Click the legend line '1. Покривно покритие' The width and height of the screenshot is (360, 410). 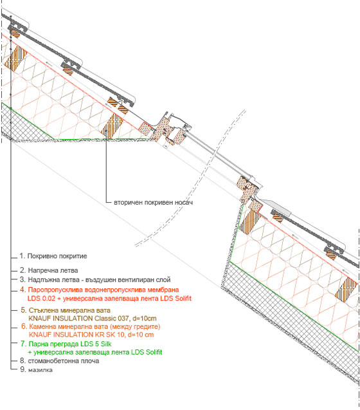pyautogui.click(x=53, y=256)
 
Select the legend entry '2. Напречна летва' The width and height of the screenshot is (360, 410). pyautogui.click(x=49, y=270)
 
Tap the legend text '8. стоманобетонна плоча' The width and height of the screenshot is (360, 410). pyautogui.click(x=60, y=361)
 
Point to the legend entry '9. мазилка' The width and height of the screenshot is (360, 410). pyautogui.click(x=36, y=369)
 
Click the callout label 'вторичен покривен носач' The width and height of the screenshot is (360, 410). pyautogui.click(x=154, y=202)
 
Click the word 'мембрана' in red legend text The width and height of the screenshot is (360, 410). pyautogui.click(x=163, y=290)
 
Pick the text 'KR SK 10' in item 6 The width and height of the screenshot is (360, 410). pyautogui.click(x=105, y=335)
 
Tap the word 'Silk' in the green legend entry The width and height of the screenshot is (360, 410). pyautogui.click(x=106, y=344)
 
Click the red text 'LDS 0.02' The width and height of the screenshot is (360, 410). pyautogui.click(x=41, y=299)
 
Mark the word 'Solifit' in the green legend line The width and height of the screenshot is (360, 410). pyautogui.click(x=154, y=352)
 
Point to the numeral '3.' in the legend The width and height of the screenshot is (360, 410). pyautogui.click(x=22, y=279)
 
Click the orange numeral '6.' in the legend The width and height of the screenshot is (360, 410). pyautogui.click(x=24, y=326)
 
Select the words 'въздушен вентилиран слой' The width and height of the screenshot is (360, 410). pyautogui.click(x=128, y=279)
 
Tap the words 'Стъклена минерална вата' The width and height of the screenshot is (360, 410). pyautogui.click(x=69, y=310)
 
